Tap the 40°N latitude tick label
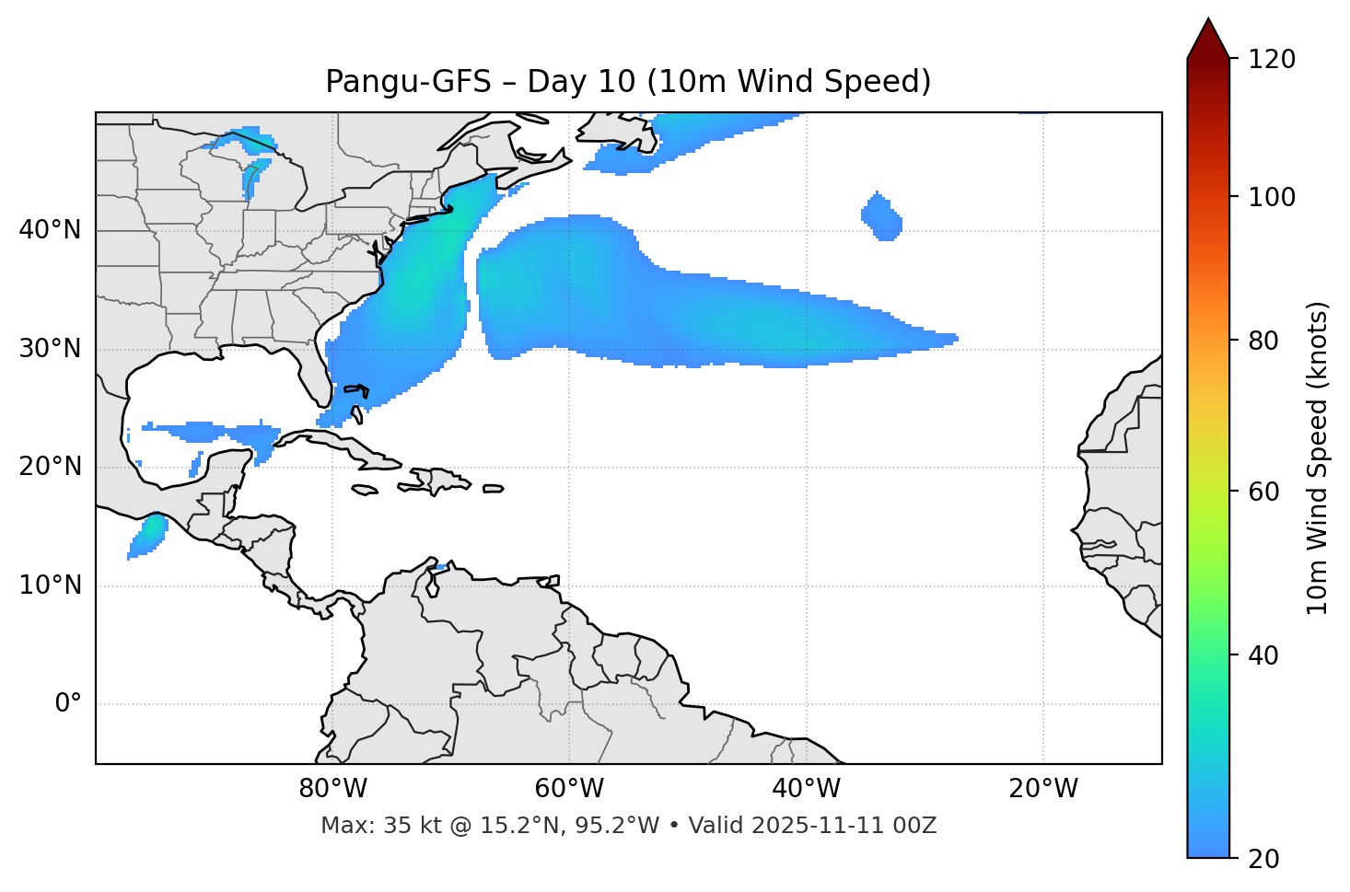coord(50,230)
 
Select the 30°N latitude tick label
coord(50,349)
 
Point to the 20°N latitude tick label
coord(50,467)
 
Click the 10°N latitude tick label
coord(50,585)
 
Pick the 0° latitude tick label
coord(68,704)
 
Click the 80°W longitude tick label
coord(332,789)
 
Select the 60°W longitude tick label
coord(569,789)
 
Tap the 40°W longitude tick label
coord(807,789)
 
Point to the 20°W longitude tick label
coord(1043,789)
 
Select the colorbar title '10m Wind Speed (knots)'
coord(1318,458)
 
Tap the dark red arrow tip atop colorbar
coord(1208,37)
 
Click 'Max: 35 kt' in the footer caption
coord(361,826)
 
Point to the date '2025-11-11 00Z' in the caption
coord(844,826)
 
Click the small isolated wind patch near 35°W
coord(882,217)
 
